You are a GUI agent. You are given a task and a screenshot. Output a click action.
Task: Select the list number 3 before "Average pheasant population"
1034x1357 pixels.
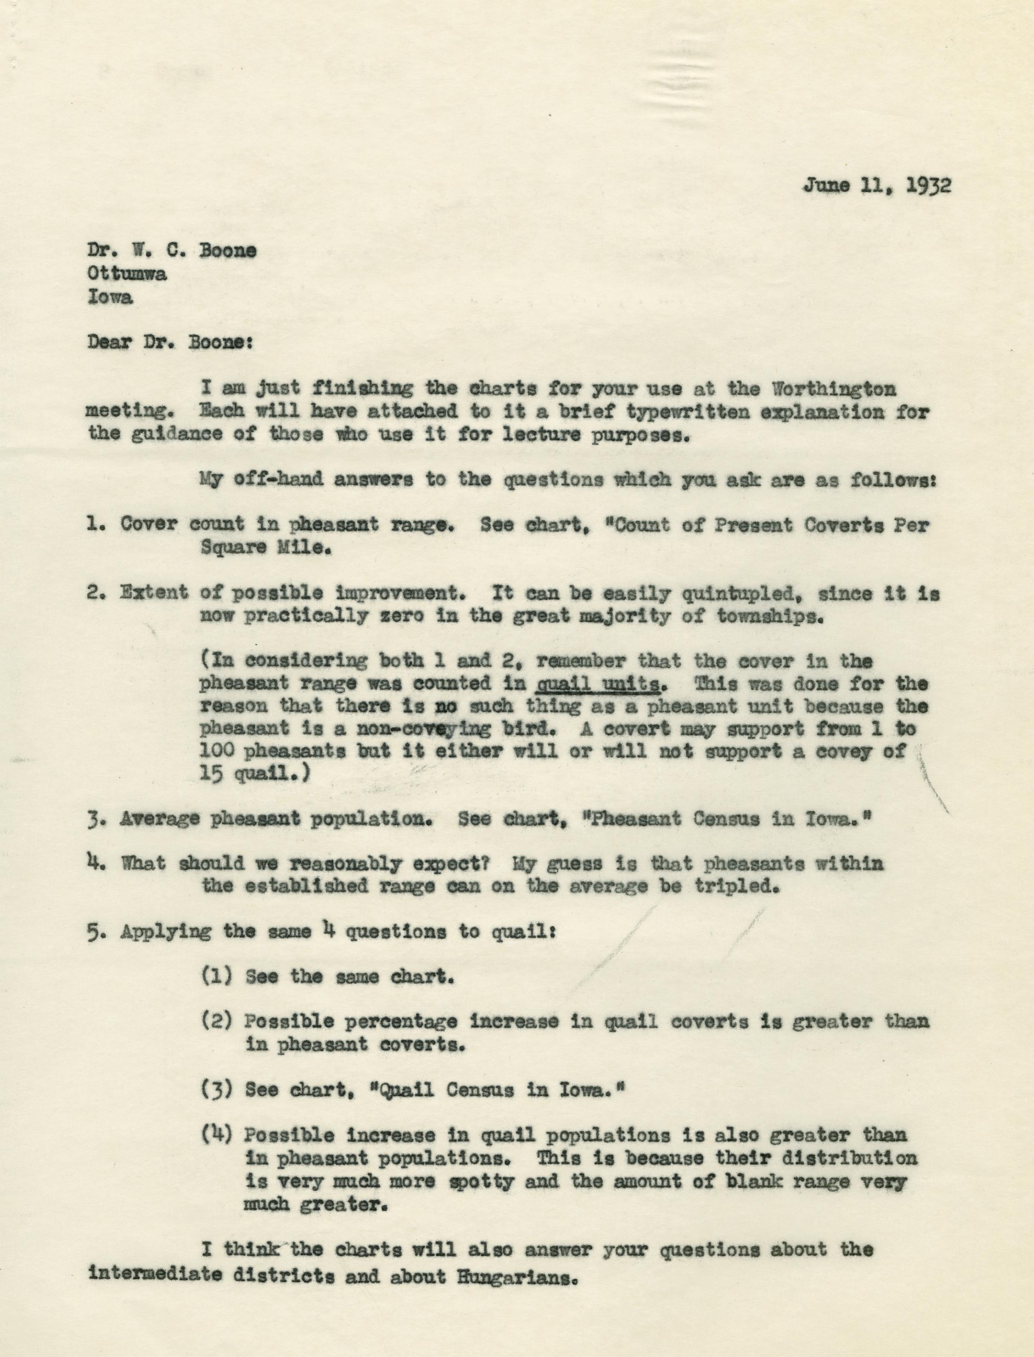pos(95,819)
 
